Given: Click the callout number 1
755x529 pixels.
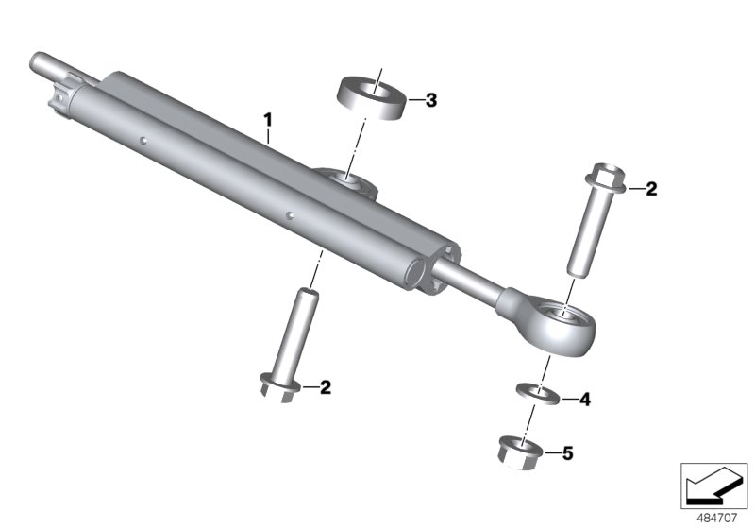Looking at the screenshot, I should [268, 119].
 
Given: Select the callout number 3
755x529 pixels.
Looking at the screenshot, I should [430, 100].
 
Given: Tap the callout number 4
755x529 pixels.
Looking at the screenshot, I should [584, 400].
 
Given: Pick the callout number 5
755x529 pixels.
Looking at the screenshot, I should [566, 454].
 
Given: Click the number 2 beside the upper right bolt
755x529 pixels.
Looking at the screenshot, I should [651, 189].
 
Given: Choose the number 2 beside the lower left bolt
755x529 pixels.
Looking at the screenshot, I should [325, 386].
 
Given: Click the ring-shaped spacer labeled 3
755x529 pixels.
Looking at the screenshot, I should [373, 95].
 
